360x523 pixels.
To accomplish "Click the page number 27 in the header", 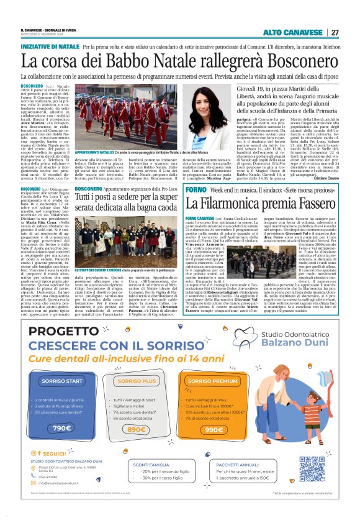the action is pyautogui.click(x=335, y=32).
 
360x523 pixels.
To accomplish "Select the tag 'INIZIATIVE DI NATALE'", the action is pyautogui.click(x=50, y=46).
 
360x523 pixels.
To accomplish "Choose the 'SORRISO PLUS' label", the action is pyautogui.click(x=136, y=380).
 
